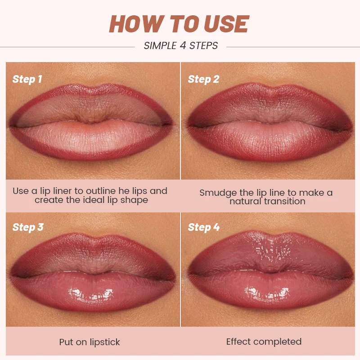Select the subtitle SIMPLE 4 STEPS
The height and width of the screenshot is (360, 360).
180,45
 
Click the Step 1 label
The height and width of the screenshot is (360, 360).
27,80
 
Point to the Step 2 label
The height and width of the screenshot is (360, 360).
203,80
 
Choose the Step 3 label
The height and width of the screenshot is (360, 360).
28,227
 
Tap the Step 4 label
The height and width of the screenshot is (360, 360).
204,227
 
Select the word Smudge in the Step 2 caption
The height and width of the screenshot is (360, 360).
217,193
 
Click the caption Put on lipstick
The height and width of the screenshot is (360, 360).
90,342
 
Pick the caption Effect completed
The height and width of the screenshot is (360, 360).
264,342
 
